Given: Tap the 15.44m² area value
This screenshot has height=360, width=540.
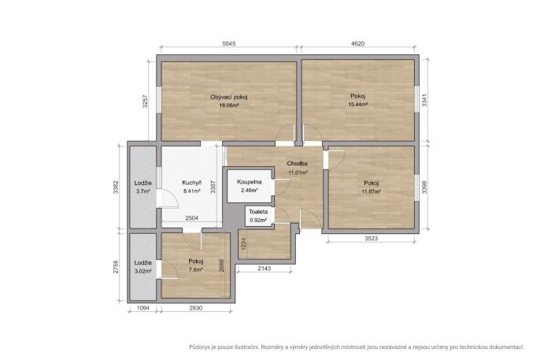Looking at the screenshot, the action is click(x=358, y=104).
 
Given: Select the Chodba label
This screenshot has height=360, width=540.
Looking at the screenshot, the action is click(x=298, y=164).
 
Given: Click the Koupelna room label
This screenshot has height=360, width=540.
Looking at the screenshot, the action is click(x=250, y=182).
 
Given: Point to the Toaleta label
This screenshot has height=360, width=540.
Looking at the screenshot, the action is click(x=258, y=212).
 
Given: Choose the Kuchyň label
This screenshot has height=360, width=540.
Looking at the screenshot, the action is click(x=192, y=183).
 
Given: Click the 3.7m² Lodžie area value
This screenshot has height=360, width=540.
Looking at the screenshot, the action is click(x=143, y=191).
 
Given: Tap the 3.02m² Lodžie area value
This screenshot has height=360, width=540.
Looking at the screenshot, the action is click(x=143, y=271).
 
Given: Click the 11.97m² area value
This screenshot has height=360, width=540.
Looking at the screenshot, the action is click(x=372, y=191).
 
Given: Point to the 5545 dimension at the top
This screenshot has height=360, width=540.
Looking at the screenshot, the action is click(x=229, y=43).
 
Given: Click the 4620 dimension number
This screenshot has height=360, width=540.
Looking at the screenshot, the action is click(x=358, y=43).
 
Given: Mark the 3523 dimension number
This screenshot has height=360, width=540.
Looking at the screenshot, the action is click(x=371, y=239).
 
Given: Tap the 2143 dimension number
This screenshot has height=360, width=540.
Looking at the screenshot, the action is click(x=264, y=269).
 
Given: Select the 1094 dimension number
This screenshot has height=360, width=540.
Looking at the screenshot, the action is click(x=143, y=308).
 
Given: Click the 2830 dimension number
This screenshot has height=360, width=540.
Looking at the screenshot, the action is click(x=195, y=308).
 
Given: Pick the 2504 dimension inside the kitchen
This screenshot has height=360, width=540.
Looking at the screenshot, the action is click(x=191, y=218).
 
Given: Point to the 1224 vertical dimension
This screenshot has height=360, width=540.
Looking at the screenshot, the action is click(x=243, y=244).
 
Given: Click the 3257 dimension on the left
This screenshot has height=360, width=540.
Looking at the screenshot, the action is click(x=145, y=102).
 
